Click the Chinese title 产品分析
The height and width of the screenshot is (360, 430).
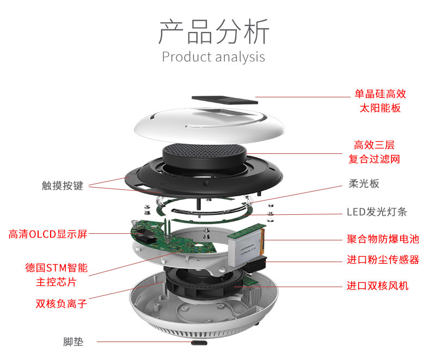pos(214,32)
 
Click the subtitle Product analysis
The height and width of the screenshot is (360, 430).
pos(214,57)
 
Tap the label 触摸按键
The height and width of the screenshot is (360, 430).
pos(63,185)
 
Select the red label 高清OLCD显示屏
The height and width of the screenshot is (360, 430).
pos(48,234)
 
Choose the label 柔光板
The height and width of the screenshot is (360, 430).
pos(364,183)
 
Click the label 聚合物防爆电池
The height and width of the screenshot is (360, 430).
pos(383,239)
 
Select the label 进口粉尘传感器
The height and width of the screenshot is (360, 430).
pos(383,259)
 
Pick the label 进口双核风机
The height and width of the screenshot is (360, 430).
pos(378,285)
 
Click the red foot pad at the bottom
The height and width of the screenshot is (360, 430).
pos(199,343)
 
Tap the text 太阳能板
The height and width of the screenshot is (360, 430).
pos(380,108)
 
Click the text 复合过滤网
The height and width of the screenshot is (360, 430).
pos(374,159)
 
